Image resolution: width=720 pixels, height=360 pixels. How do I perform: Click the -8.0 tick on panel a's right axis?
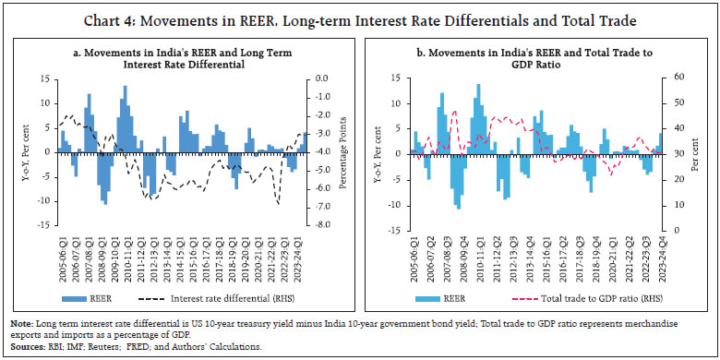click(x=320, y=224)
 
